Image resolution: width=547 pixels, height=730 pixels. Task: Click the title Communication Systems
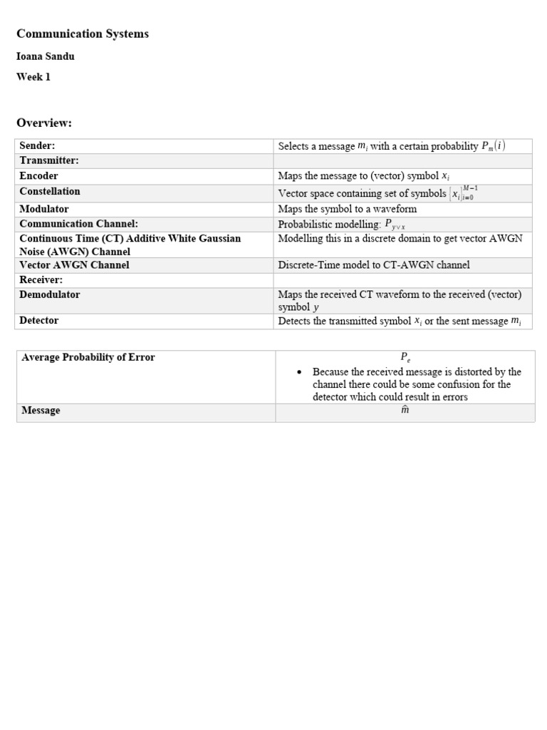(x=83, y=34)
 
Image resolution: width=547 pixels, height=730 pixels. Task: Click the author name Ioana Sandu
(x=46, y=56)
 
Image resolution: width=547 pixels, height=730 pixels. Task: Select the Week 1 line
(x=33, y=77)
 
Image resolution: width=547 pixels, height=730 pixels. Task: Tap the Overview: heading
(x=44, y=123)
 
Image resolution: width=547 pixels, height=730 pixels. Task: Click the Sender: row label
(x=37, y=145)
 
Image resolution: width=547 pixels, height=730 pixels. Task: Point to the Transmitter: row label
(x=49, y=160)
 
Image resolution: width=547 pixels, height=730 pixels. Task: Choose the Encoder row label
(x=39, y=175)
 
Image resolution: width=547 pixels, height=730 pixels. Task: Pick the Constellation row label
(x=50, y=191)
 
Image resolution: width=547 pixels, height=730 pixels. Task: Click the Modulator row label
(x=44, y=209)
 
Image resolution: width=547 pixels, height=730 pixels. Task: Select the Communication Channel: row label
(x=78, y=224)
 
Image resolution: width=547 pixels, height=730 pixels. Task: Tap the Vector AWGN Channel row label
(x=74, y=264)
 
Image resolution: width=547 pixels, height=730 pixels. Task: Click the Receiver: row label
(x=41, y=279)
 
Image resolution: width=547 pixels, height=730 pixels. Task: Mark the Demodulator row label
(x=50, y=294)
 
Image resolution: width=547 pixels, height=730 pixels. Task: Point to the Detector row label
(x=39, y=320)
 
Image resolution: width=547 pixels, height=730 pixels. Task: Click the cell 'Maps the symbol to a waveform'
(x=348, y=209)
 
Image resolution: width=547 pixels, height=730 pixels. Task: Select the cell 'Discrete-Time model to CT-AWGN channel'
(x=374, y=264)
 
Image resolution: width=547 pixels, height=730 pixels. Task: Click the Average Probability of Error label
(x=88, y=357)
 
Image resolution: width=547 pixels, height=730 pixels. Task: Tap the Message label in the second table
(x=41, y=410)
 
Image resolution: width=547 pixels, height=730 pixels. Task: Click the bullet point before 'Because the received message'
(x=299, y=371)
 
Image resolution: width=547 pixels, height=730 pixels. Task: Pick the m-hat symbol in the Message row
(x=405, y=411)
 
